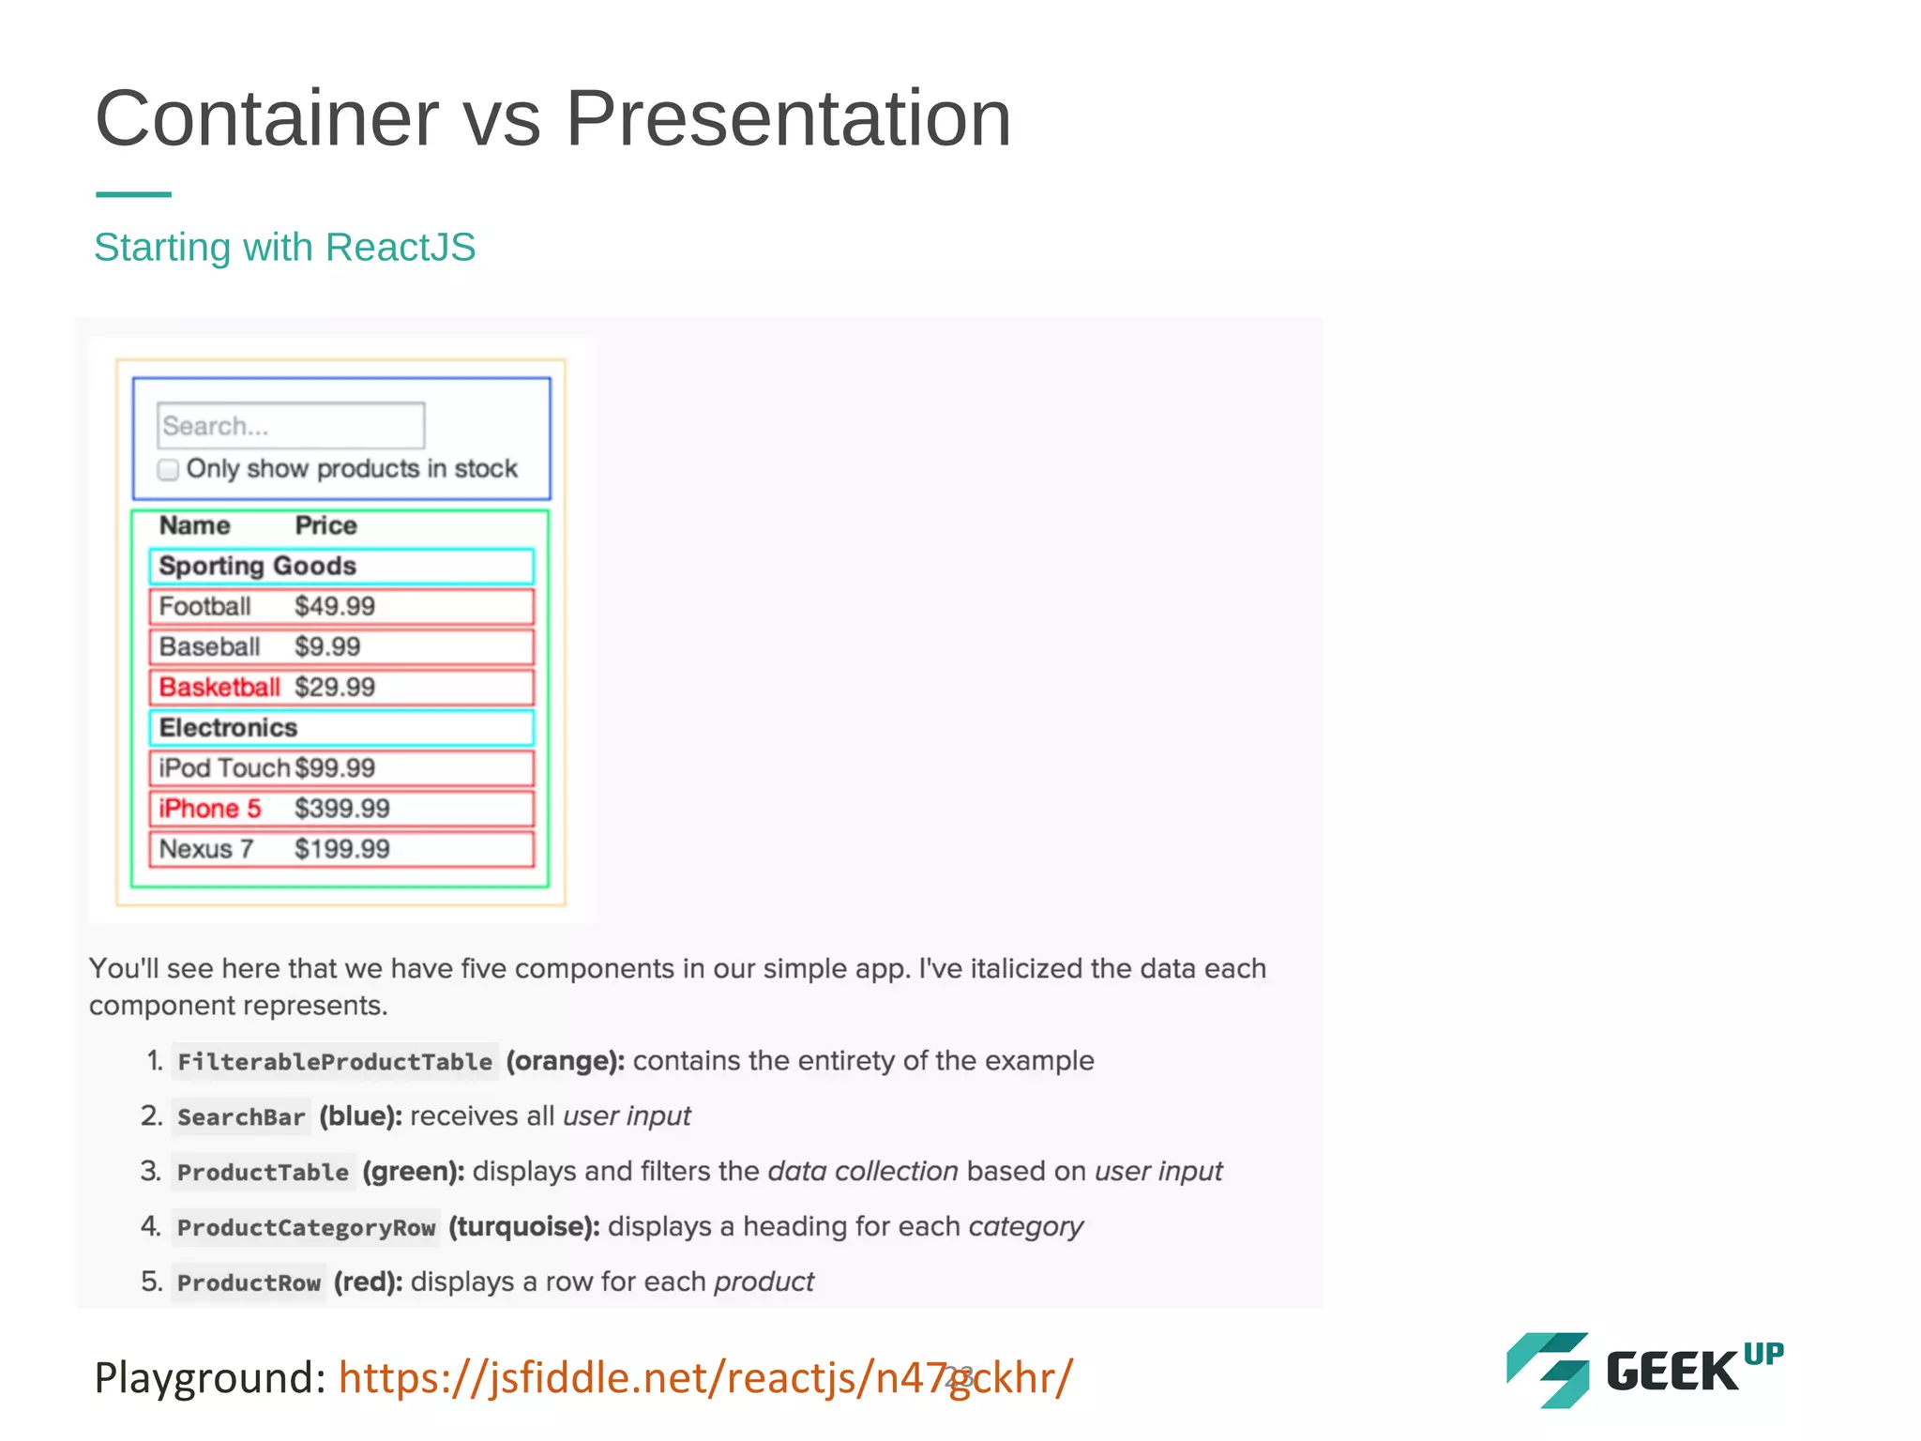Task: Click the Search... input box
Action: tap(291, 426)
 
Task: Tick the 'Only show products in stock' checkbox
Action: tap(169, 469)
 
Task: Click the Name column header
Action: tap(194, 525)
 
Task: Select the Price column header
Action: tap(325, 525)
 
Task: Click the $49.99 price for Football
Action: tap(335, 607)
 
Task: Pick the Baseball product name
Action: tap(209, 647)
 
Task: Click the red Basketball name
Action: tap(219, 688)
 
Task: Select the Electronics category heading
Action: tap(228, 728)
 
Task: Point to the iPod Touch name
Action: tap(223, 768)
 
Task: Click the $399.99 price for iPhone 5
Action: tap(341, 809)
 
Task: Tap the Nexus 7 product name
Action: tap(206, 849)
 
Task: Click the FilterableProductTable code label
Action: tap(335, 1062)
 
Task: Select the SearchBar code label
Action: tap(241, 1117)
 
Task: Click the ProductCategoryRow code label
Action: tap(306, 1228)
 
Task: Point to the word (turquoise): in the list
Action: tap(524, 1227)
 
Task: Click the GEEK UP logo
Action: tap(1643, 1370)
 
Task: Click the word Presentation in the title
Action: tap(788, 119)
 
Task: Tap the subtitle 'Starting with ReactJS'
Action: tap(285, 248)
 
